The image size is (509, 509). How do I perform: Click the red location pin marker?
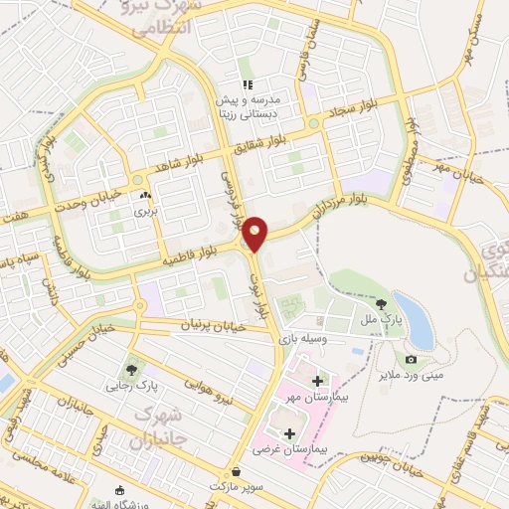255,233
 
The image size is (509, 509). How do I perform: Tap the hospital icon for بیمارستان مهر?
317,381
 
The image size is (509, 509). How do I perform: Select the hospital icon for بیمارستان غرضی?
289,433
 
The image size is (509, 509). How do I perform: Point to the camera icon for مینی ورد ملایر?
412,359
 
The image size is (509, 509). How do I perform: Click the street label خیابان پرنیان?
211,325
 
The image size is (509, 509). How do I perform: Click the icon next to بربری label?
146,196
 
